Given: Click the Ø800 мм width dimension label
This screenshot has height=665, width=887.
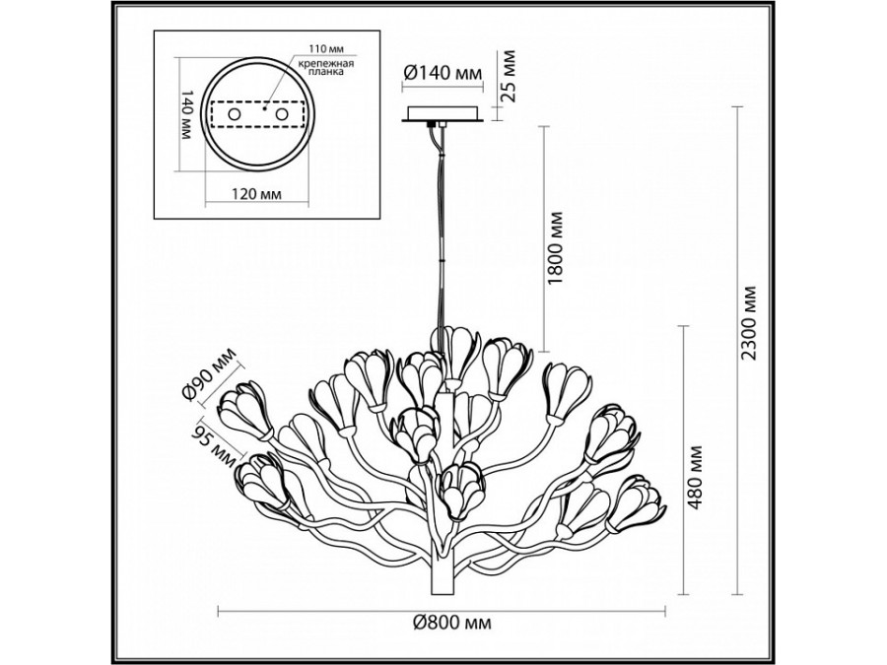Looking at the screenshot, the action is click(451, 623).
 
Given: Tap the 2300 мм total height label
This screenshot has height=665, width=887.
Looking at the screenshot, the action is click(750, 323).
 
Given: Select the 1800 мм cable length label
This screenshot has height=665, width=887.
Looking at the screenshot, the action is click(557, 247).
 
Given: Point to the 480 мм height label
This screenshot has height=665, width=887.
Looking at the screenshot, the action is click(697, 478).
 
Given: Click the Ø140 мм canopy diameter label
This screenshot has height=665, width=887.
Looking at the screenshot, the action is click(443, 73).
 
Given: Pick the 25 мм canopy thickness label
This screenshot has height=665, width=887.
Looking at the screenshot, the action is click(510, 76).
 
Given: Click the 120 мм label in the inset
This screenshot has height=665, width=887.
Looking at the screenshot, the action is click(257, 194).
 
